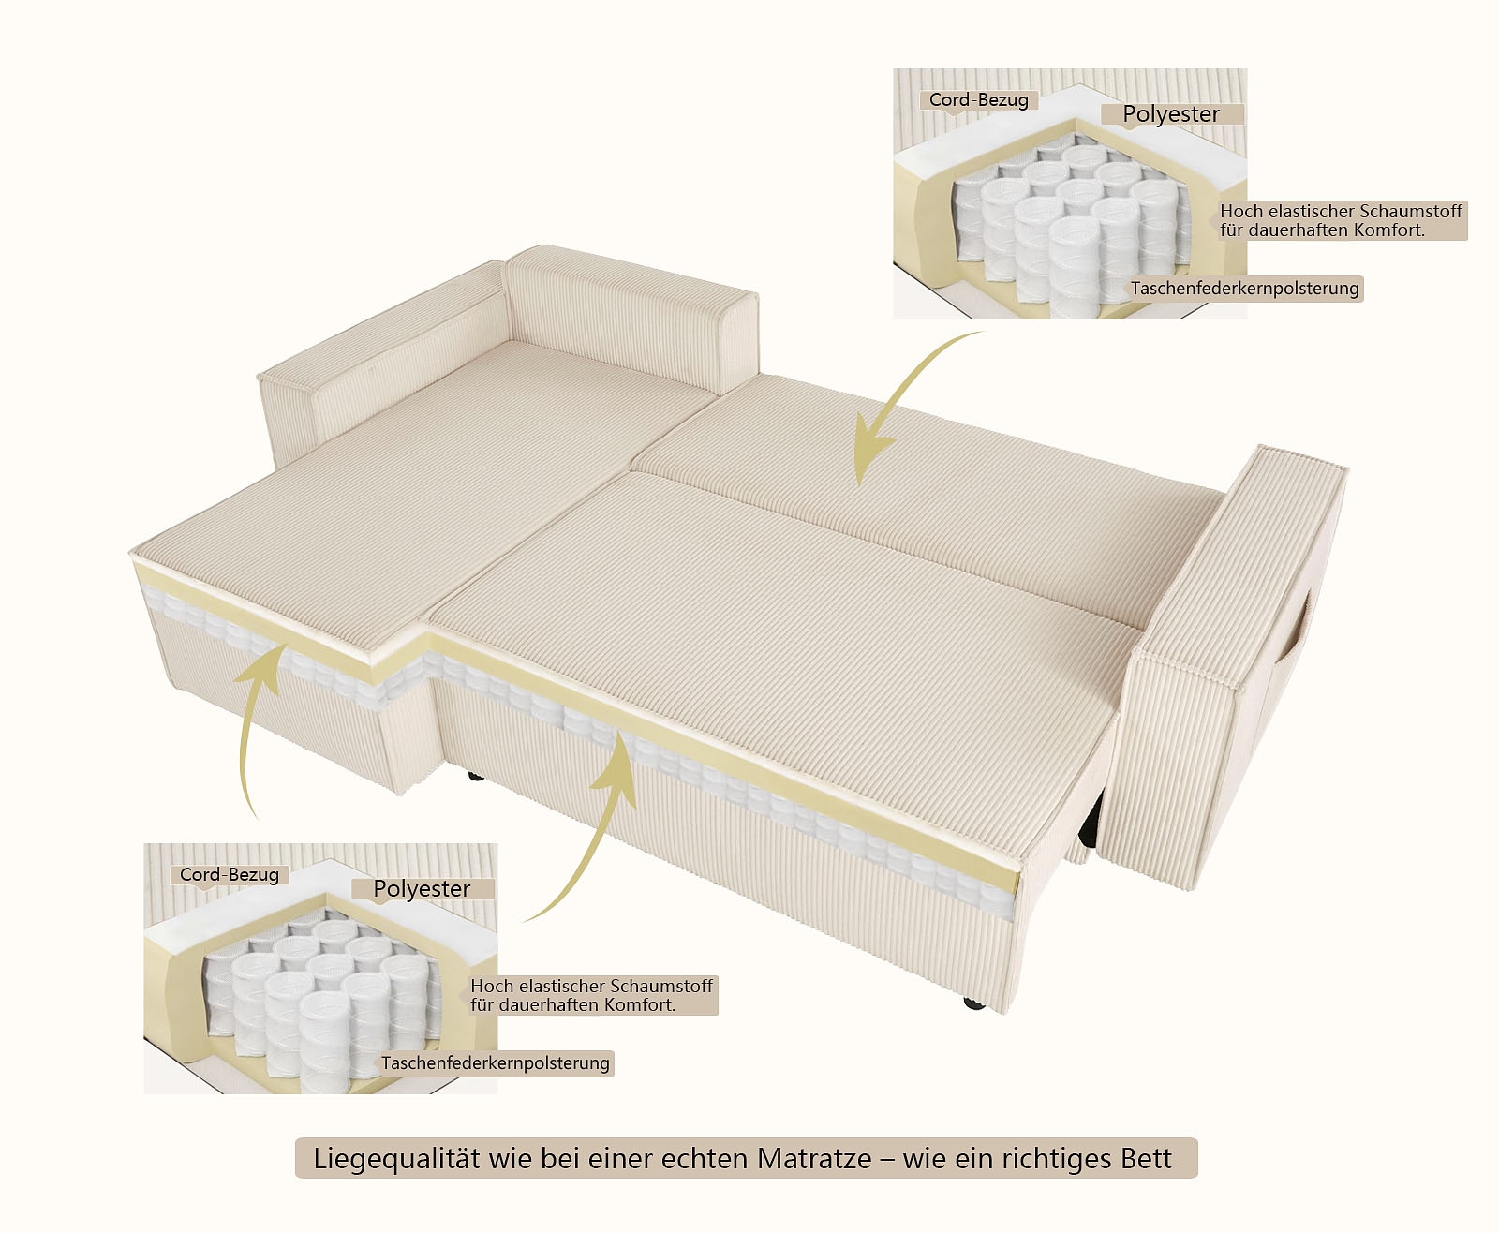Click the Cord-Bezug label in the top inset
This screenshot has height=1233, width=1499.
(978, 100)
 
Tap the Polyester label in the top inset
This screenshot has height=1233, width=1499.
(1171, 114)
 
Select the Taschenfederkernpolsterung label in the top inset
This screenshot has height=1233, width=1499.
(1244, 289)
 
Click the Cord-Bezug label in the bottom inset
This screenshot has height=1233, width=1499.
(230, 875)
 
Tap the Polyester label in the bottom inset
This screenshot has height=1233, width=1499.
(422, 889)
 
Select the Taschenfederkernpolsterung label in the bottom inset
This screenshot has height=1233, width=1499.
(495, 1063)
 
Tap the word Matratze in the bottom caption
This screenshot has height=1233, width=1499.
(814, 1159)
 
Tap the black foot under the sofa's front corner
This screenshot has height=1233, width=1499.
(974, 1003)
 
